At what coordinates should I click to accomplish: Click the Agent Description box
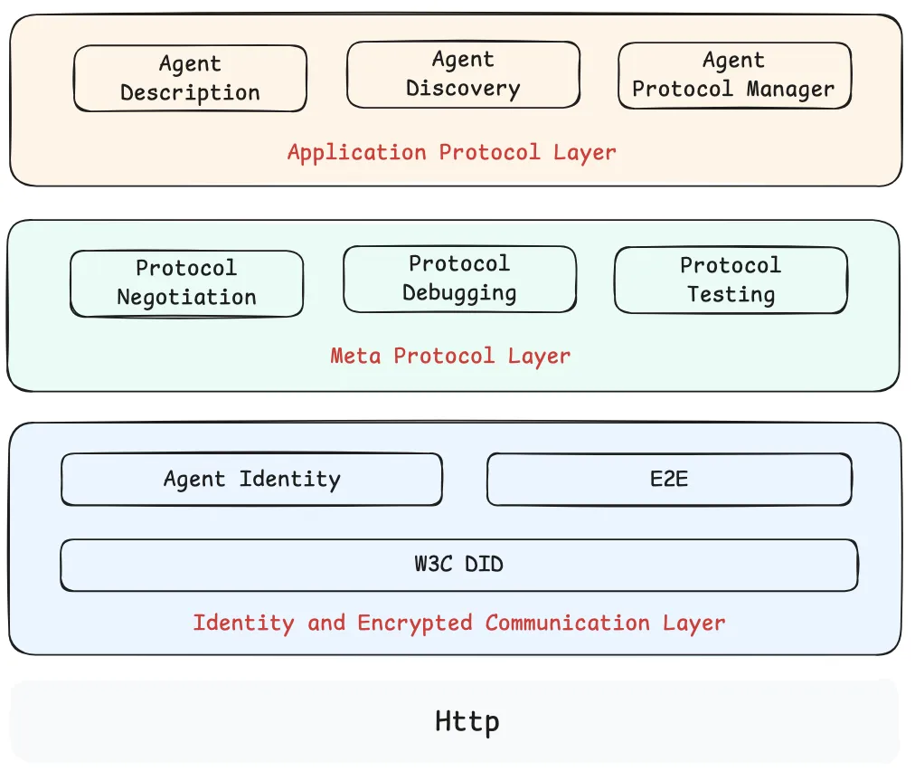[x=190, y=79]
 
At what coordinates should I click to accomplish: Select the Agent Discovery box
[x=463, y=74]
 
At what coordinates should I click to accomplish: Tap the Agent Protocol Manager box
[x=733, y=75]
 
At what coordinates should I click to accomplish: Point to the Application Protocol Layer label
[x=451, y=152]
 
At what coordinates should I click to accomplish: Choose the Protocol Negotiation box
[x=186, y=283]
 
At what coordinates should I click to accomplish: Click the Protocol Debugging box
[x=459, y=279]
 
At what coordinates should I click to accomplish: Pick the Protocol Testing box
[x=731, y=281]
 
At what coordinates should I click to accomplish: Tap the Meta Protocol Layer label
[x=450, y=356]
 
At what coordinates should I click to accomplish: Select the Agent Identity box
[x=251, y=479]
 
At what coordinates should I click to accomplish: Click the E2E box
[x=669, y=479]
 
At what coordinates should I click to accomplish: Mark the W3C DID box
[x=458, y=565]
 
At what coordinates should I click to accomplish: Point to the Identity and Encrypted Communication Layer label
[x=458, y=623]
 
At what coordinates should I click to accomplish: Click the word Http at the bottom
[x=467, y=722]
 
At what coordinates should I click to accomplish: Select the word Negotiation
[x=186, y=298]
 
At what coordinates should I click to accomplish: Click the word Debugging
[x=459, y=294]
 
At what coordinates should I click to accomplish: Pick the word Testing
[x=731, y=295]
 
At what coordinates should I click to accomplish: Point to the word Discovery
[x=463, y=89]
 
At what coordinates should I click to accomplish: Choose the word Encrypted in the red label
[x=415, y=623]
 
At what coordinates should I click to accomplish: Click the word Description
[x=190, y=93]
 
